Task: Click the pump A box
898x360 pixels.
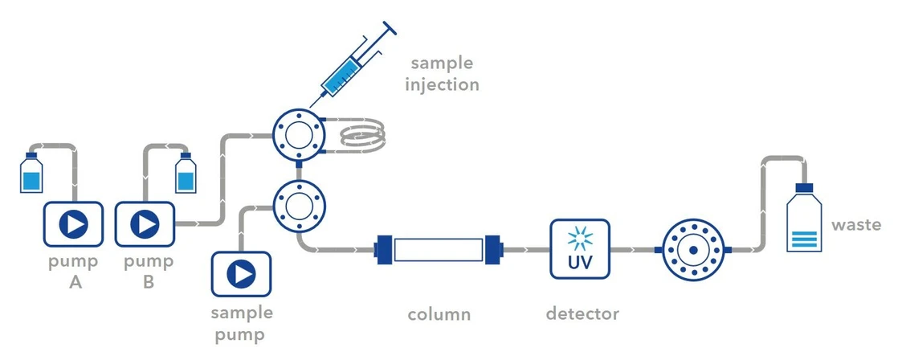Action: click(73, 224)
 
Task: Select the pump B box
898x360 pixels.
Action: click(145, 224)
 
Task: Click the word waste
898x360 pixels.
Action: click(856, 225)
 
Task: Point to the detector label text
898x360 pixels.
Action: click(582, 313)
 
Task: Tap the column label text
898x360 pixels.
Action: click(438, 313)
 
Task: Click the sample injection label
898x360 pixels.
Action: click(444, 73)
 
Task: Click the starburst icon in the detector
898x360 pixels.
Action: click(579, 239)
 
